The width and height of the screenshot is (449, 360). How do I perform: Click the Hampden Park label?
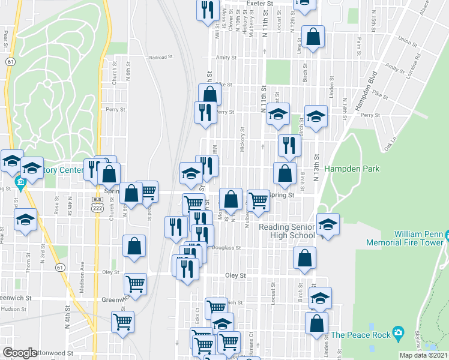(x=352, y=169)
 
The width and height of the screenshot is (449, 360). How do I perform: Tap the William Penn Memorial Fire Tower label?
(x=418, y=238)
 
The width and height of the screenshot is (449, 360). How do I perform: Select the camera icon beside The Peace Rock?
(x=397, y=334)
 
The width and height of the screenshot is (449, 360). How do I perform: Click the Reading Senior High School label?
(x=286, y=231)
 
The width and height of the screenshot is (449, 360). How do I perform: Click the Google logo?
(x=20, y=353)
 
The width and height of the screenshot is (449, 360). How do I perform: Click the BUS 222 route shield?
(x=97, y=204)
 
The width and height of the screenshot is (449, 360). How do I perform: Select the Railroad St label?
(x=160, y=58)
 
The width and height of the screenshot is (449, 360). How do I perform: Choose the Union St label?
(x=407, y=42)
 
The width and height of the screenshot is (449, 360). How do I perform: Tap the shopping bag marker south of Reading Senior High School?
(x=305, y=258)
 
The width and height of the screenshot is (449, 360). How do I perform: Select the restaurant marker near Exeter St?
(x=207, y=10)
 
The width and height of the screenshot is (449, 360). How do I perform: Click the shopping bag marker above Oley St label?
(x=134, y=246)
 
